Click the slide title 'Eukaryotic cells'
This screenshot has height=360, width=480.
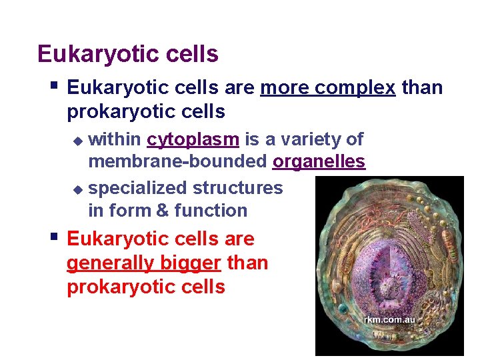tap(128, 54)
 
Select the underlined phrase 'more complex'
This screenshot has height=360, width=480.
tap(327, 88)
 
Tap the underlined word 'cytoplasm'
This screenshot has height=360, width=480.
tap(193, 139)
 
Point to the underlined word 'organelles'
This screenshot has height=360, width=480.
tap(319, 162)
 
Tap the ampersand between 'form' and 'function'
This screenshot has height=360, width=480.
tap(163, 211)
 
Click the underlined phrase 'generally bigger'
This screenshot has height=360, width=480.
tap(143, 263)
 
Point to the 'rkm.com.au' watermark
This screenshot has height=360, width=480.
tap(389, 320)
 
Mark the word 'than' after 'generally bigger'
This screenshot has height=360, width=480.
tap(247, 263)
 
